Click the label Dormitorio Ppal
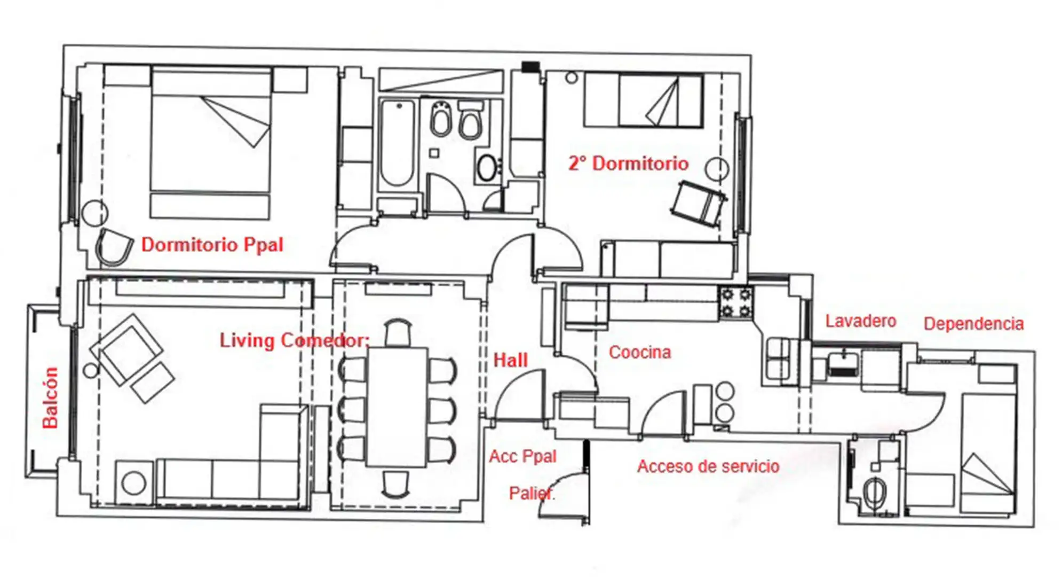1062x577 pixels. [212, 245]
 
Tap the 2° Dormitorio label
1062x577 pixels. [628, 163]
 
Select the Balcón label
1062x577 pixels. [50, 397]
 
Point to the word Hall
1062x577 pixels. [510, 360]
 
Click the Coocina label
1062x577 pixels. [640, 352]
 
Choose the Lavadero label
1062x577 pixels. [860, 321]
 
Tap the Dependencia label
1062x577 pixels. [973, 324]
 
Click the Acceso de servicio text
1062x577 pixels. [708, 466]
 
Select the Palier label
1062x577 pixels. [532, 493]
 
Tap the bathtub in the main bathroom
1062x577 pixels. [397, 143]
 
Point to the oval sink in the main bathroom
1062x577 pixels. [487, 168]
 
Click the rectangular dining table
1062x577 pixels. [397, 407]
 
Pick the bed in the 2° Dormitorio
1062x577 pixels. [643, 100]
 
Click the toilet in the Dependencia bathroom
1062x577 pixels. [874, 492]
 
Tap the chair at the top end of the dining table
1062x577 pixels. [398, 332]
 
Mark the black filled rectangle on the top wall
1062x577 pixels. [530, 67]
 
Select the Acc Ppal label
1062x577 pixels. [522, 456]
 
